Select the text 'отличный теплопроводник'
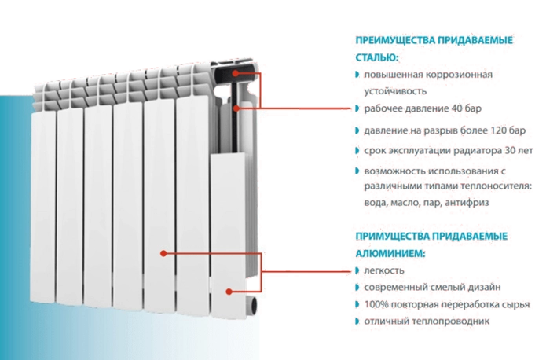point(427,322)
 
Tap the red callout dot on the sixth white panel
point(163,253)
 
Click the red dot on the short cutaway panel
point(229,291)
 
